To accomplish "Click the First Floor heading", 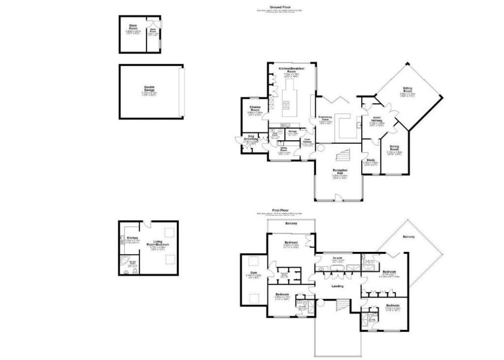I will pyautogui.click(x=279, y=210).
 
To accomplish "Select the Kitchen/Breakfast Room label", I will pyautogui.click(x=290, y=70).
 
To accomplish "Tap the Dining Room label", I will pyautogui.click(x=394, y=148).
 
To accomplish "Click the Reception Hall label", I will pyautogui.click(x=340, y=172).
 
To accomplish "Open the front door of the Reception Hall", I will pyautogui.click(x=338, y=198).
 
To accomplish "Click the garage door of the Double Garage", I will pyautogui.click(x=181, y=91).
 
